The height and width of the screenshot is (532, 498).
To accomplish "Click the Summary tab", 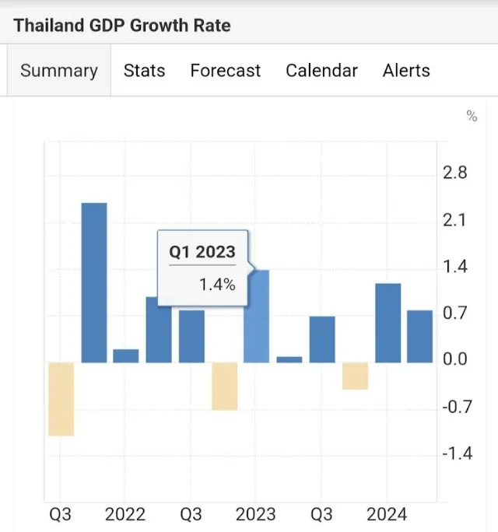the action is pyautogui.click(x=59, y=71).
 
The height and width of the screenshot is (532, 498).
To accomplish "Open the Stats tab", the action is pyautogui.click(x=144, y=71).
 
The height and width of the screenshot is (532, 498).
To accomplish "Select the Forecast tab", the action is pyautogui.click(x=226, y=71).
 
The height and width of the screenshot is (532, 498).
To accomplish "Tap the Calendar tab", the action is pyautogui.click(x=321, y=71).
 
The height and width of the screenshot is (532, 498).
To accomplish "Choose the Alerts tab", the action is pyautogui.click(x=406, y=71).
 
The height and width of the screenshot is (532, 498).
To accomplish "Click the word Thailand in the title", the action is pyautogui.click(x=48, y=26).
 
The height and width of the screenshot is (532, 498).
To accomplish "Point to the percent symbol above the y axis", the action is pyautogui.click(x=472, y=116).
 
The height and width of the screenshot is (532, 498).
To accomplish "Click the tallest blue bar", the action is pyautogui.click(x=94, y=282).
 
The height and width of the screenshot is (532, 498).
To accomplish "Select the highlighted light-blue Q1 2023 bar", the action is pyautogui.click(x=257, y=317).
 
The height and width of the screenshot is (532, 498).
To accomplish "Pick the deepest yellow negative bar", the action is pyautogui.click(x=61, y=399).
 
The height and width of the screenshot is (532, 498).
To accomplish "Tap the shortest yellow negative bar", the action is pyautogui.click(x=355, y=376).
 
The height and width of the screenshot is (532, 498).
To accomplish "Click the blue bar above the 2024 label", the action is pyautogui.click(x=388, y=323).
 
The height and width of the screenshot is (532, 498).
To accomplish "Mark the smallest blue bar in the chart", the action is pyautogui.click(x=289, y=359).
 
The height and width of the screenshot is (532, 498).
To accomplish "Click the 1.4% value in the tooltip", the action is pyautogui.click(x=217, y=285).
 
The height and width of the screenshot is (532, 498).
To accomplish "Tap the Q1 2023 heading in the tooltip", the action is pyautogui.click(x=202, y=252).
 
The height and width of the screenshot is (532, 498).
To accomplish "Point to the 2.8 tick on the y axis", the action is pyautogui.click(x=455, y=173).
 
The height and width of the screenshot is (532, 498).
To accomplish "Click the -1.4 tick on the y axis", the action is pyautogui.click(x=458, y=453).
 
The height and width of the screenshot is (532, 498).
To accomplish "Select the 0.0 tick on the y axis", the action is pyautogui.click(x=455, y=359).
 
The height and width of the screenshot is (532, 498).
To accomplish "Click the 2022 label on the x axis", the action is pyautogui.click(x=125, y=514).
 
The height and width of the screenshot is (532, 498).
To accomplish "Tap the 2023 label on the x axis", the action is pyautogui.click(x=256, y=514).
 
